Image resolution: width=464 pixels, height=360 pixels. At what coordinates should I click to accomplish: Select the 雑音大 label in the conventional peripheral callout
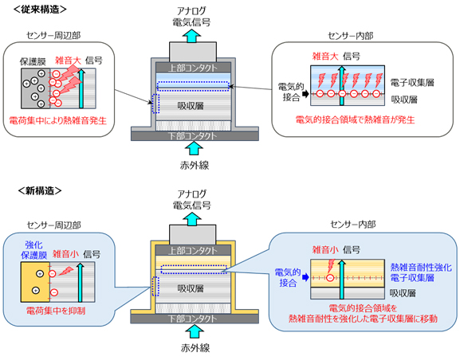[68, 59]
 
